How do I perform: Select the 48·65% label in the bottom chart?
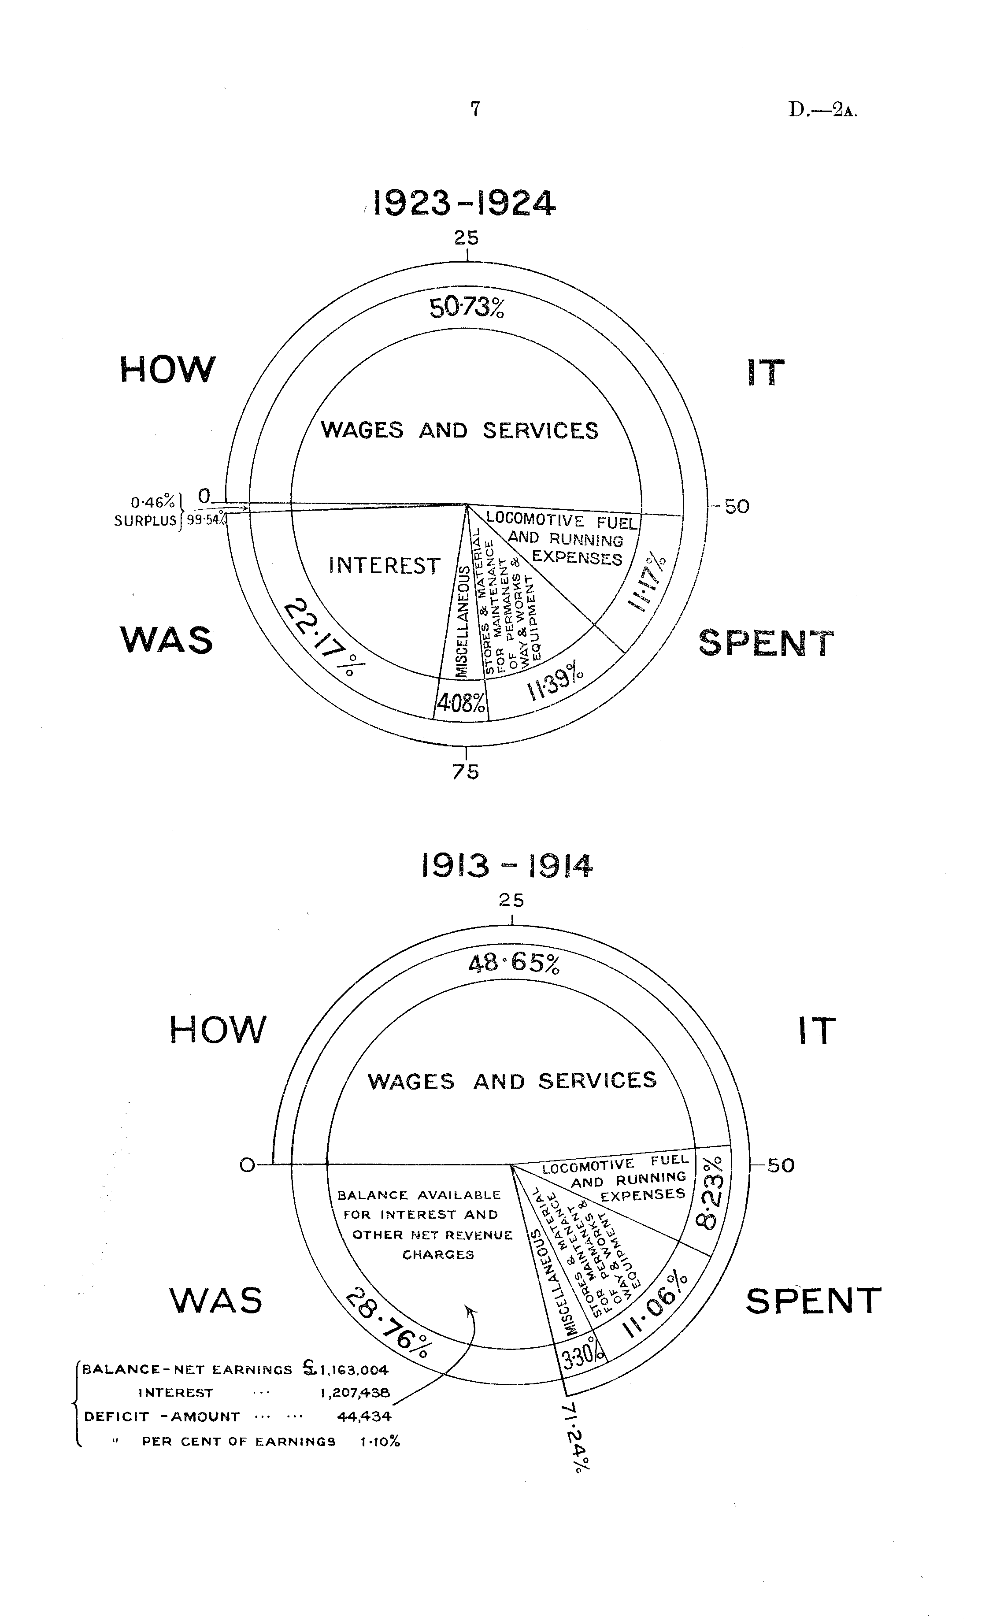click(x=515, y=964)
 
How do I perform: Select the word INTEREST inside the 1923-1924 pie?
click(x=384, y=566)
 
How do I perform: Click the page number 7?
click(x=475, y=109)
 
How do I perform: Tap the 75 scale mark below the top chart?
click(x=466, y=771)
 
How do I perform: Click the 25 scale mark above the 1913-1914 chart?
click(x=511, y=900)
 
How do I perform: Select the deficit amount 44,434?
click(x=364, y=1416)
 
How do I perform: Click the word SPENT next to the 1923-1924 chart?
click(x=766, y=643)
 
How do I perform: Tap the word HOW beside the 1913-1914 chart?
click(x=218, y=1030)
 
